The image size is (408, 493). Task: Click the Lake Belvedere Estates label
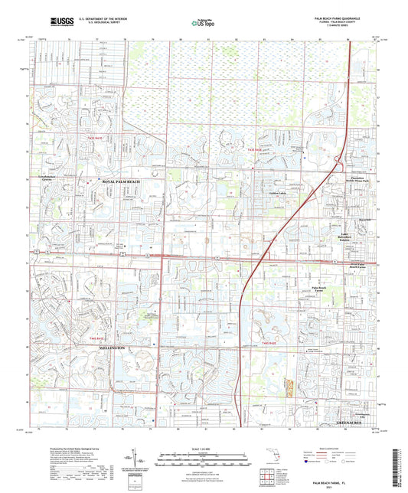coord(354,238)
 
